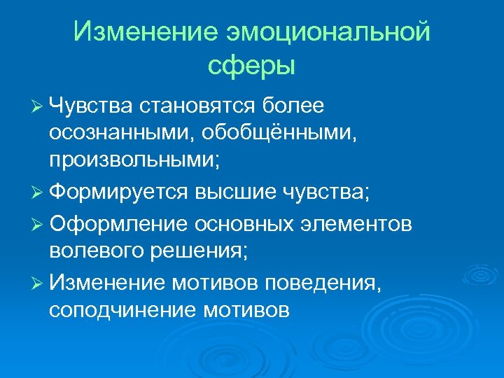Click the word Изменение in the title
[143, 32]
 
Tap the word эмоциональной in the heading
[327, 32]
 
